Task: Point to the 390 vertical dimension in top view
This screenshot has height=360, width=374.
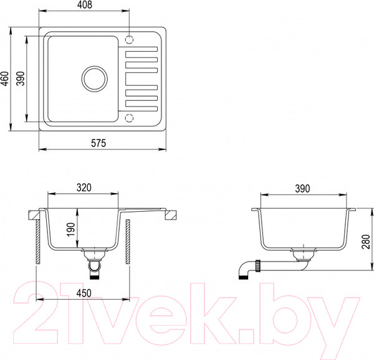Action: [x=21, y=78]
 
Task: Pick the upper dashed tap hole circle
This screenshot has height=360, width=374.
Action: [x=130, y=39]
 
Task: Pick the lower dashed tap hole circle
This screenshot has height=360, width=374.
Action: [x=130, y=118]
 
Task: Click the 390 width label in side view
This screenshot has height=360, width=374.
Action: [x=302, y=187]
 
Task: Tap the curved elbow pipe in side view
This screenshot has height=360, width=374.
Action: [x=245, y=273]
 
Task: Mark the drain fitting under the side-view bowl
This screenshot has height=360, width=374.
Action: [x=302, y=255]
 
